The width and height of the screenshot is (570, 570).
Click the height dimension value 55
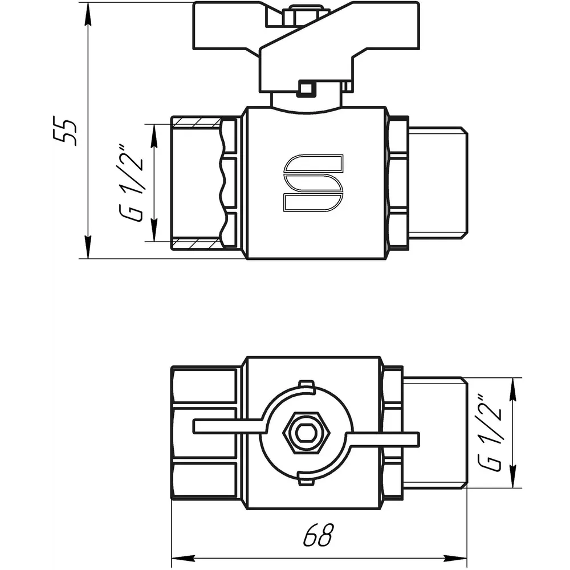[65, 131]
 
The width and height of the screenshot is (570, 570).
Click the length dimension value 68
[318, 535]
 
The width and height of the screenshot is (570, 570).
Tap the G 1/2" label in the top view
[490, 433]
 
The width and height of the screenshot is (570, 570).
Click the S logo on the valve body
[313, 183]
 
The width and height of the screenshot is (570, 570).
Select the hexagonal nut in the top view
[307, 433]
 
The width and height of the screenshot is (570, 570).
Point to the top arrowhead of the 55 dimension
[88, 15]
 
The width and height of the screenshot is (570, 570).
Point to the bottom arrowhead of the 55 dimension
[88, 247]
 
